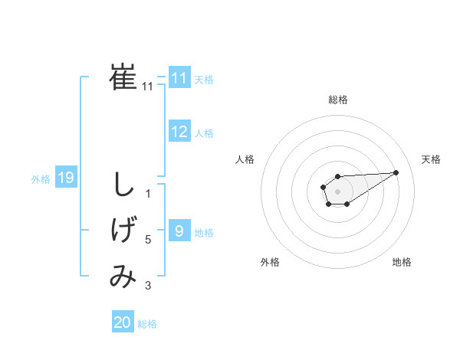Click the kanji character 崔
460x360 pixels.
tap(123, 77)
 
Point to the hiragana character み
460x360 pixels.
tap(123, 277)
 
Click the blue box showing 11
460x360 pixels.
tap(179, 78)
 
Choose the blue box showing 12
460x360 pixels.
tap(179, 132)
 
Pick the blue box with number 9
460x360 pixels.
tap(179, 231)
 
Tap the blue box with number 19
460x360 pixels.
tap(65, 178)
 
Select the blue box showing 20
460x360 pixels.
tap(123, 322)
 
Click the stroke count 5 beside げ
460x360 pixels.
tap(148, 240)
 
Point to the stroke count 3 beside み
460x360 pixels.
tap(148, 286)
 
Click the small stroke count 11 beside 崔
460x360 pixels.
tap(147, 87)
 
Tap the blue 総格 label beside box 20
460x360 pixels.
tap(147, 324)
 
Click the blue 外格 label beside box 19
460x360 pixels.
tap(41, 179)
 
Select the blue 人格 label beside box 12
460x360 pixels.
tap(204, 133)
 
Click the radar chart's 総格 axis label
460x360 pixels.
tap(337, 100)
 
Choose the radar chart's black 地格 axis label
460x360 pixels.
tap(402, 262)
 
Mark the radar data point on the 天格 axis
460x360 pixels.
tap(396, 172)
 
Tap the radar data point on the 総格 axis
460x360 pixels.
tap(337, 176)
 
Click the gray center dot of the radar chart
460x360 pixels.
tap(337, 191)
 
